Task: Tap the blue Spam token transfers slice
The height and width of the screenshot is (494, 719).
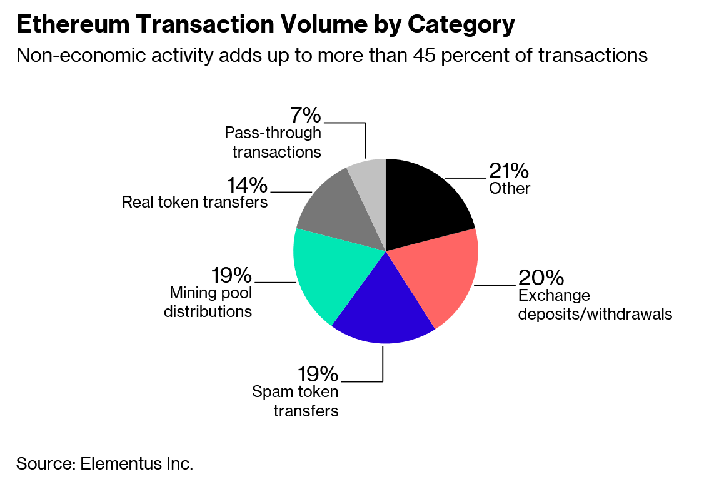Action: (x=381, y=310)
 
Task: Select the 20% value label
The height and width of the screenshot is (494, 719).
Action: (x=541, y=277)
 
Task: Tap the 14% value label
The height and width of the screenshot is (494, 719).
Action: (x=246, y=185)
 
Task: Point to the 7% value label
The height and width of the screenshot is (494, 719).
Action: (x=306, y=115)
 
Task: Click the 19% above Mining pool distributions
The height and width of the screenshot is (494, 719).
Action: (x=231, y=275)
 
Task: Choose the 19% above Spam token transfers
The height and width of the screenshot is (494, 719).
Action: (x=318, y=374)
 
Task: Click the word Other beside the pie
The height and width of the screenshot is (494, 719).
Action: (x=510, y=188)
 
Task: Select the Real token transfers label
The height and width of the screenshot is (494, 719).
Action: (x=195, y=203)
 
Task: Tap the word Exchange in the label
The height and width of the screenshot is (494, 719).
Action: (x=545, y=296)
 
